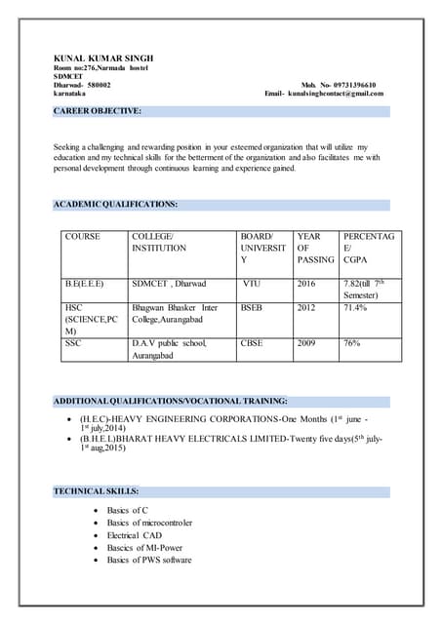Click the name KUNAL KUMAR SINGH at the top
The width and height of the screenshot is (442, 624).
(103, 58)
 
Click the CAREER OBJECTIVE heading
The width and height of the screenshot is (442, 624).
(98, 111)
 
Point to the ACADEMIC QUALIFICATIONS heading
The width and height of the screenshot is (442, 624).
(115, 205)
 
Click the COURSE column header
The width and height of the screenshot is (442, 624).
(84, 237)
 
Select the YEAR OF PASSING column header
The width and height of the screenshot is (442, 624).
(314, 249)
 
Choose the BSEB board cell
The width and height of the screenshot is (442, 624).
(252, 308)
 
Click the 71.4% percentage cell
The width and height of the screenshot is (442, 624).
(355, 308)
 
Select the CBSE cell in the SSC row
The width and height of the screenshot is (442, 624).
(252, 344)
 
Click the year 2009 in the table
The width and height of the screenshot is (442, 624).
(307, 344)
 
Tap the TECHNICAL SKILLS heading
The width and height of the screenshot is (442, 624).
(96, 490)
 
